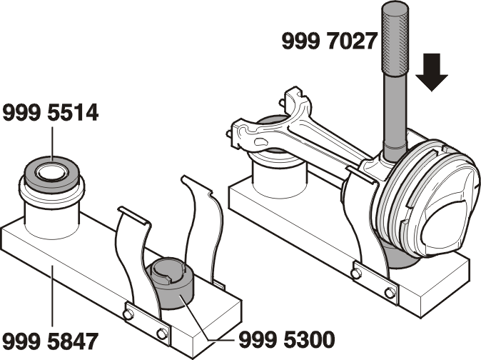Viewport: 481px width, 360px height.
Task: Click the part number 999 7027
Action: click(329, 41)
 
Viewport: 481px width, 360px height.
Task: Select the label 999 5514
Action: click(51, 113)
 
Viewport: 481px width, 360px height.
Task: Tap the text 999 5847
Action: click(51, 341)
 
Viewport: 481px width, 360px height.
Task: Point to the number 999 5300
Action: click(287, 340)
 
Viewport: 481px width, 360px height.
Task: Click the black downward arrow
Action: click(432, 72)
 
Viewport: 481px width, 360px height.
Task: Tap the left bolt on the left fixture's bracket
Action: click(128, 314)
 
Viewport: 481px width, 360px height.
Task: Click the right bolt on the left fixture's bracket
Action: click(162, 334)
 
